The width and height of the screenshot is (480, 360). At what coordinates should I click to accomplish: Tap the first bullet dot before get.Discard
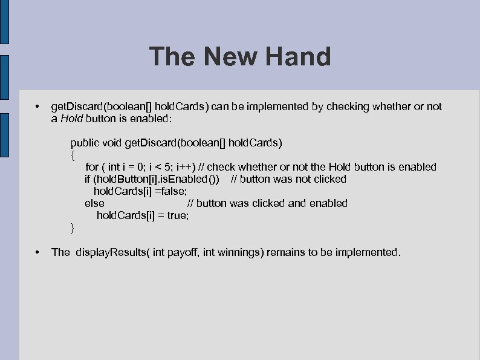tap(37, 106)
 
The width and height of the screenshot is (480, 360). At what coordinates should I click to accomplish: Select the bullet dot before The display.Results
tap(37, 252)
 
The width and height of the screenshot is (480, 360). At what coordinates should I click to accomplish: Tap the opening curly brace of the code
tap(73, 155)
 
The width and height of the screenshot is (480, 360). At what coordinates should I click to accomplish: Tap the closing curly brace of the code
tap(73, 227)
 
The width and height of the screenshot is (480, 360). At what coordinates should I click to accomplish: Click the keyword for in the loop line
tap(92, 167)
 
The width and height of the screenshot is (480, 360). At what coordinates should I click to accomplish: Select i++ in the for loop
tap(183, 167)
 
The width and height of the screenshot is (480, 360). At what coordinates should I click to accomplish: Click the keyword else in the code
tap(94, 203)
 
